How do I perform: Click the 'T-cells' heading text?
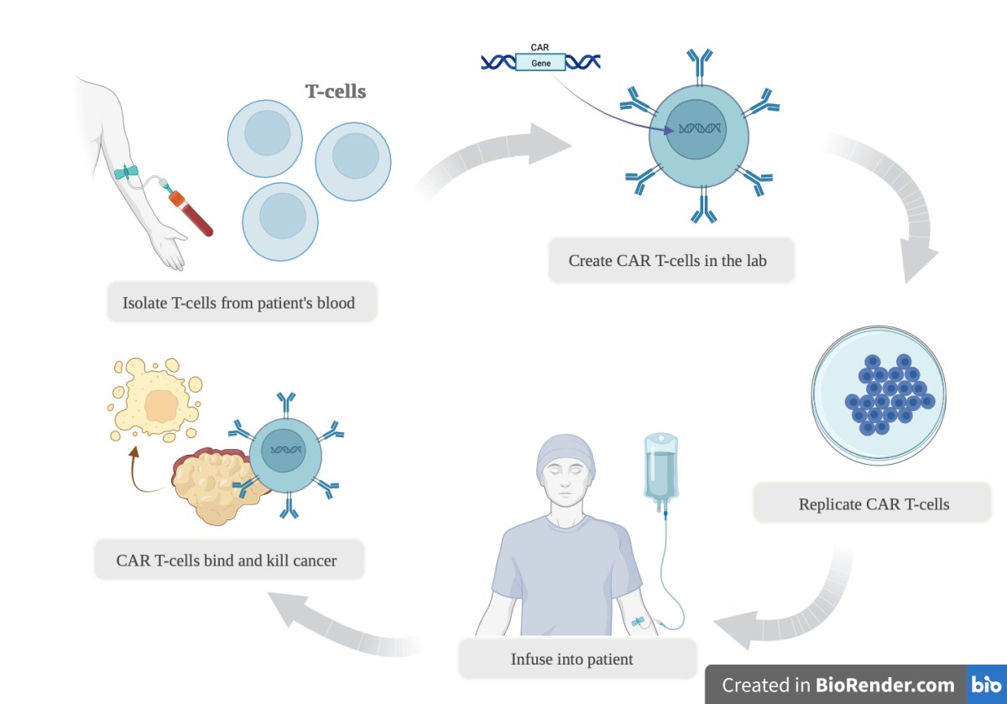[335, 91]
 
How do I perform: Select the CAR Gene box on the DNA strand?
[540, 63]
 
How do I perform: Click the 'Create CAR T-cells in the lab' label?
[668, 260]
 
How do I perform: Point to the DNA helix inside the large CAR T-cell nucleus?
[699, 129]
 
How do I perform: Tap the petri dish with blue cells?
[878, 394]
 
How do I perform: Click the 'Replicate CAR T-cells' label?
[874, 504]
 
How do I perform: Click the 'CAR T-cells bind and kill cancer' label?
[227, 560]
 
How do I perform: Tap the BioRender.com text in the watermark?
[885, 685]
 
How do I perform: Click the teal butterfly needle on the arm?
[128, 172]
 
